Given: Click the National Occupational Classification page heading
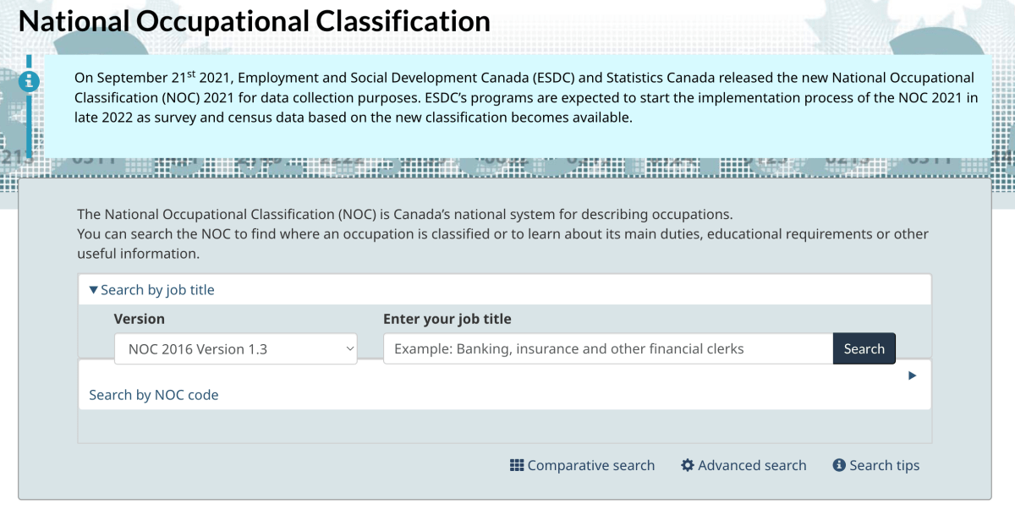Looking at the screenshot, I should pos(255,21).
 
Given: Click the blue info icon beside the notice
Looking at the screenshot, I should pos(29,81).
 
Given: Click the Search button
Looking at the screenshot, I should pos(864,349).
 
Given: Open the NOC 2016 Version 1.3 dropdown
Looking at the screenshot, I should pos(235,349).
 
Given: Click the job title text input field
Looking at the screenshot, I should pos(607,349).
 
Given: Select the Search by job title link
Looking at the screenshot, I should pos(157,290).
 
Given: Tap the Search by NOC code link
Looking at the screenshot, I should pos(154,395).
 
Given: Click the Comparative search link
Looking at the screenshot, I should pos(590,466).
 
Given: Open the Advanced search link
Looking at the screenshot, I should pos(752,466).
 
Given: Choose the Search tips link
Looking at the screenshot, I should pos(884,466).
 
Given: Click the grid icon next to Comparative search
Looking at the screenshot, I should pos(517,465).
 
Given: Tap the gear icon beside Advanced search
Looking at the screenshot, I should pos(688,465).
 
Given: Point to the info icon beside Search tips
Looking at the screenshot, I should pos(839,465).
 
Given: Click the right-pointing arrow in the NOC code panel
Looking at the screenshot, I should pos(912,375).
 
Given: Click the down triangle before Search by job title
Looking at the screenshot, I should pos(93,290).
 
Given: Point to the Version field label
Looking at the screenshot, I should pos(140,319).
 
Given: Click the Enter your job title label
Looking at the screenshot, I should pos(447,319).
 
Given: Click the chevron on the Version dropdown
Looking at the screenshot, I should pos(349,348).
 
